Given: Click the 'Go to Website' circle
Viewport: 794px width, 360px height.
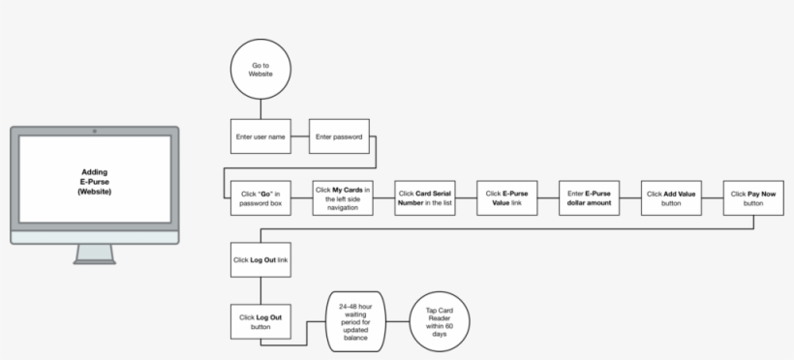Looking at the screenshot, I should [260, 70].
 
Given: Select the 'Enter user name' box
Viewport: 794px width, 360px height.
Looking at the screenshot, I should [260, 136].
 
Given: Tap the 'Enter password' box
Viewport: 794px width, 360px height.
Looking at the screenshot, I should [339, 136].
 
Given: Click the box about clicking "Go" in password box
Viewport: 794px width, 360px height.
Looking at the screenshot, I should [260, 198].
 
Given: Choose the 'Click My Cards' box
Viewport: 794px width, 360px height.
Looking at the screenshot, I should [343, 198].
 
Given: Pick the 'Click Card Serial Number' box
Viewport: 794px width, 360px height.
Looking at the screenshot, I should [425, 198].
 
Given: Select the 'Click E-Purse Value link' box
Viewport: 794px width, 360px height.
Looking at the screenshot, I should [506, 198].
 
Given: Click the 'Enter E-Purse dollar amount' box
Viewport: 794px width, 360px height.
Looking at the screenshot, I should [590, 198].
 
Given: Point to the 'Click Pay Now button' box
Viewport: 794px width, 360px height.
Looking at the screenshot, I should [753, 198].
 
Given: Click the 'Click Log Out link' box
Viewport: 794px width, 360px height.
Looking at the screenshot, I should [260, 259].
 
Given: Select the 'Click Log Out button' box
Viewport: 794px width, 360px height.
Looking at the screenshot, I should [260, 321].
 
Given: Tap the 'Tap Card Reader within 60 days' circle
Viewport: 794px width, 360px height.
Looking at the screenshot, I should [440, 320].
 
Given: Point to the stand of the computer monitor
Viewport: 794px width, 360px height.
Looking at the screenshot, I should [94, 254].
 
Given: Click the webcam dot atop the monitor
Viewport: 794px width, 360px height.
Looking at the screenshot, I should [94, 131].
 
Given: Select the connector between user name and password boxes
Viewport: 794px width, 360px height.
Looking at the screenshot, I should [299, 136].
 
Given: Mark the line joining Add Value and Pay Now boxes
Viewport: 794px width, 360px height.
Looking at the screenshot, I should [713, 198].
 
